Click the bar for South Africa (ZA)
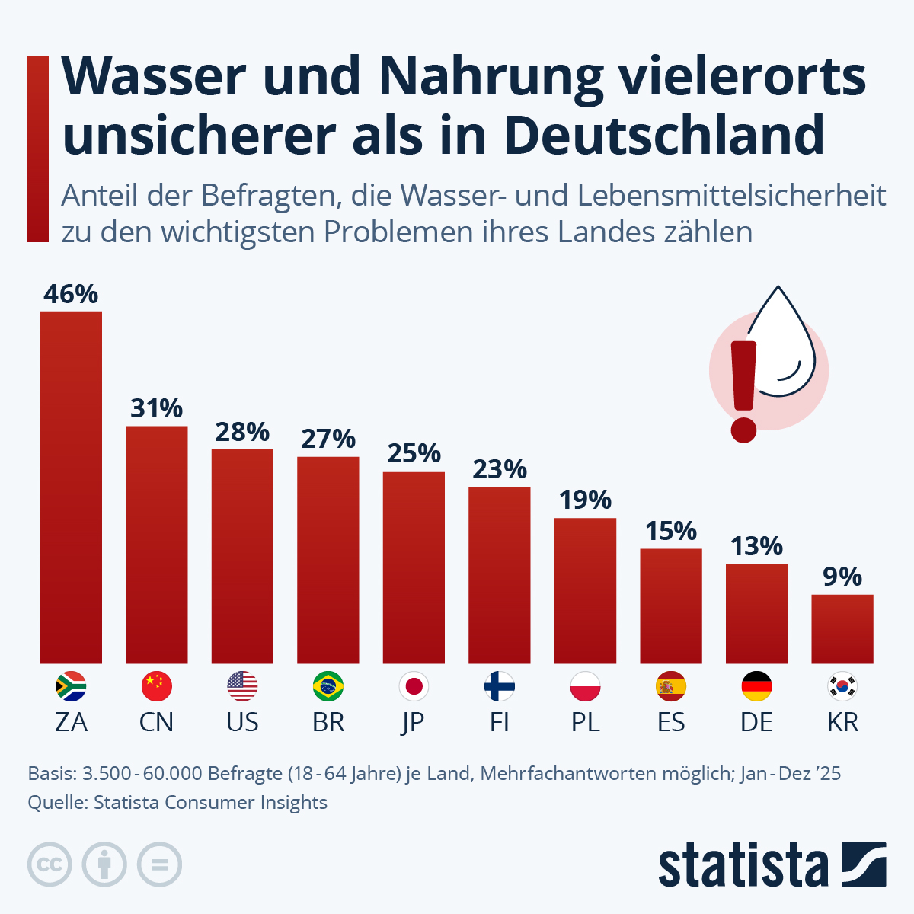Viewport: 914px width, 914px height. [x=71, y=487]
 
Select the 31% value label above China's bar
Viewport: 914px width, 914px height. [x=156, y=409]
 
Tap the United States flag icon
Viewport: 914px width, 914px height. [x=242, y=687]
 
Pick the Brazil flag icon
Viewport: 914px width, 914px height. [x=328, y=687]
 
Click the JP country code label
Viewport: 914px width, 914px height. [x=413, y=722]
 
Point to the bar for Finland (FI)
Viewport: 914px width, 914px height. [x=500, y=575]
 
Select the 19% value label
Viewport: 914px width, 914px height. [x=585, y=500]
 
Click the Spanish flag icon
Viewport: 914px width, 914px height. [x=671, y=687]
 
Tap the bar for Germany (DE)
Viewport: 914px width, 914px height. [x=756, y=614]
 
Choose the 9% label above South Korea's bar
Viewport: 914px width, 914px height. [x=842, y=577]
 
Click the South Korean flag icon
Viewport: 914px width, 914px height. [x=842, y=687]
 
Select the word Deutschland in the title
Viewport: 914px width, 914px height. [x=664, y=136]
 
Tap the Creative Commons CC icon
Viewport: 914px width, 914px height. [x=50, y=864]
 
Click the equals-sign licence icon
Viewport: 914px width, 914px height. [x=159, y=864]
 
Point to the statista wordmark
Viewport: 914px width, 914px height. [x=743, y=866]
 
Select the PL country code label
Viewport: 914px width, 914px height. [x=585, y=722]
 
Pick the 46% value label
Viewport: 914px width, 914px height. [x=71, y=294]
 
